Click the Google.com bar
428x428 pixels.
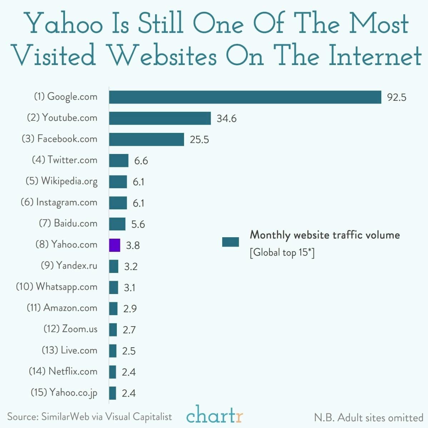click(245, 97)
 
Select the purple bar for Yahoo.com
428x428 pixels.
click(115, 245)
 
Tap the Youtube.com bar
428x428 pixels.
click(160, 118)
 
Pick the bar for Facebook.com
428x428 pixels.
click(146, 139)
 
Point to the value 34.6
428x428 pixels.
click(227, 119)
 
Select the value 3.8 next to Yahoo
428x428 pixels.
click(133, 245)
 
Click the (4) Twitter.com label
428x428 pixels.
click(65, 160)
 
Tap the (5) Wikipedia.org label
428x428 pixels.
click(61, 181)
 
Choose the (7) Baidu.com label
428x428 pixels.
click(68, 223)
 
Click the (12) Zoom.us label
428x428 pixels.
click(70, 329)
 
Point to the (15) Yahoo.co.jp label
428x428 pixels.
click(64, 392)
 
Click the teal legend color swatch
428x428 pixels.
click(230, 242)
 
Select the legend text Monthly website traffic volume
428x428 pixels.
click(324, 235)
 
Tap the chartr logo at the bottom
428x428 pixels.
click(214, 416)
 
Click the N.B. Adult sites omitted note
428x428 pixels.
click(368, 417)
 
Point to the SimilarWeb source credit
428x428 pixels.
click(89, 417)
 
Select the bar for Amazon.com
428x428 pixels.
click(113, 308)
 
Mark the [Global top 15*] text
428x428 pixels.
click(282, 253)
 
